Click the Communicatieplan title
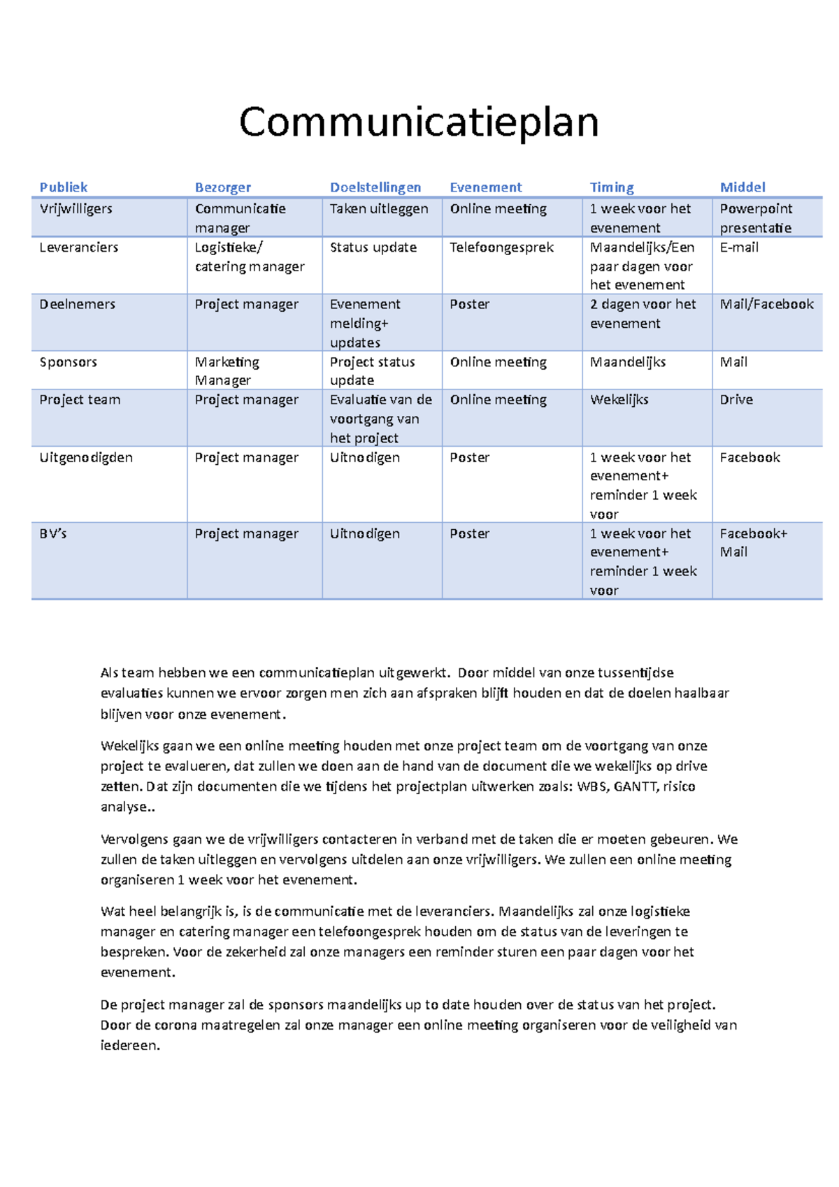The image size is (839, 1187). [419, 122]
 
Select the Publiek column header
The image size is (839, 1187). [64, 187]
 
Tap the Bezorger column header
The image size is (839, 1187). [222, 187]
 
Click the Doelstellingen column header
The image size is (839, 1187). [375, 187]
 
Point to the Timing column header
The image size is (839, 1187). [612, 187]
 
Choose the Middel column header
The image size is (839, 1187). [743, 187]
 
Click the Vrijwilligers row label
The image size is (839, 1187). [76, 209]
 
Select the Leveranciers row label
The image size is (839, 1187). [79, 247]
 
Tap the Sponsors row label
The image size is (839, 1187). [68, 362]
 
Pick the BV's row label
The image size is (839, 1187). [53, 533]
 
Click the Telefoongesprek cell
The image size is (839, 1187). [501, 247]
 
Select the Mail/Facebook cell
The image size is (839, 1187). [766, 304]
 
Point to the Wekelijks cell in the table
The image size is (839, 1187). [619, 400]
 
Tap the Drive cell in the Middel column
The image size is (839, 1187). [736, 400]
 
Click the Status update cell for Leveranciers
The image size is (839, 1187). [373, 247]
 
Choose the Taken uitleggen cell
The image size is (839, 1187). [379, 209]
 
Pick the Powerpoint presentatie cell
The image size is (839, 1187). [756, 218]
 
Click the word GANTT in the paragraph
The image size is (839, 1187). [635, 786]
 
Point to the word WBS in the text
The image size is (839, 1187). [591, 786]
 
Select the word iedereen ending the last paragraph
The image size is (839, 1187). [129, 1046]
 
